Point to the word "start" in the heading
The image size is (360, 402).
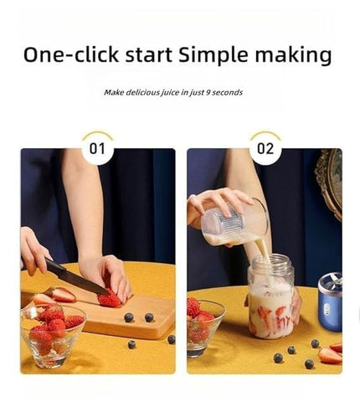click(147, 55)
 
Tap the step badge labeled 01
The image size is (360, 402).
click(98, 148)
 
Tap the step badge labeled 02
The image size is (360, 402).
click(265, 148)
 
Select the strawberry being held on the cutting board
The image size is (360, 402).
click(109, 298)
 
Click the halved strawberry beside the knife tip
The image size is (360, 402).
click(63, 294)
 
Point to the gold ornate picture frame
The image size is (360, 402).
click(330, 180)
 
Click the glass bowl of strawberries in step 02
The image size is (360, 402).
click(203, 327)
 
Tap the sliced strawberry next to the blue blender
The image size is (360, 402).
click(329, 355)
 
